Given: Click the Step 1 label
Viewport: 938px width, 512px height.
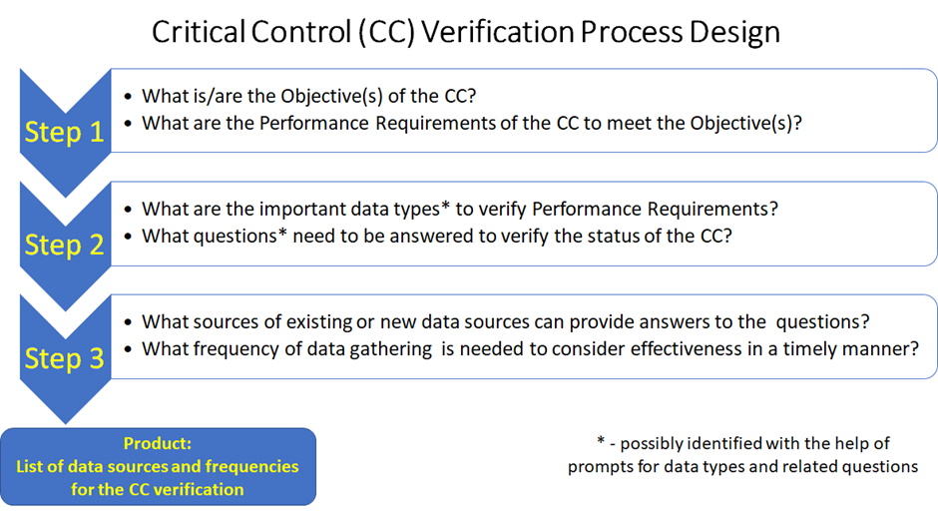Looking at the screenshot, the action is point(64,132).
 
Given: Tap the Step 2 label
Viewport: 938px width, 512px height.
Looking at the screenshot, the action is point(64,245).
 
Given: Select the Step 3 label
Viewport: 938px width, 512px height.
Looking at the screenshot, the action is point(64,358).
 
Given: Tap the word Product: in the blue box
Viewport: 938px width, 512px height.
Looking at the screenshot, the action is point(158,443).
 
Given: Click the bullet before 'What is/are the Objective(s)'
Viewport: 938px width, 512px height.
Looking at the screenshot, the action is point(128,97).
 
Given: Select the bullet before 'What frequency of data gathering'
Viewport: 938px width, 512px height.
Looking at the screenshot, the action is point(128,349).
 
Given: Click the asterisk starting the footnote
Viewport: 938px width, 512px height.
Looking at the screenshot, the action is point(601,441).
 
